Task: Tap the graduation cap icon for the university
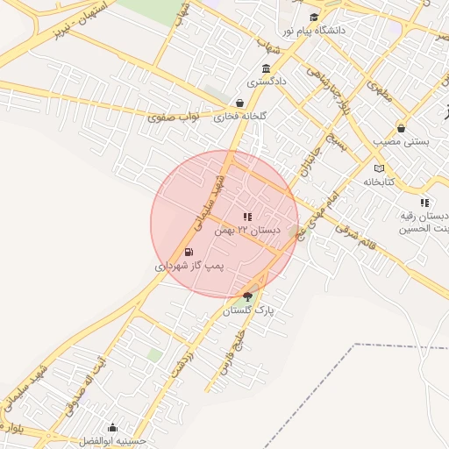pyautogui.click(x=314, y=18)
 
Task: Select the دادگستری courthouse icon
pyautogui.click(x=266, y=69)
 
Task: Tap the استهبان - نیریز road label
pyautogui.click(x=83, y=24)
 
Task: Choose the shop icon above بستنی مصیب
pyautogui.click(x=401, y=128)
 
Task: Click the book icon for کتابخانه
pyautogui.click(x=379, y=168)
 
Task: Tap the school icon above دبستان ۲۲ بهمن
pyautogui.click(x=247, y=216)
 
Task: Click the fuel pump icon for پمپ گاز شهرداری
pyautogui.click(x=189, y=253)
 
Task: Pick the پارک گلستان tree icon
pyautogui.click(x=247, y=296)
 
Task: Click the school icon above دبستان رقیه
pyautogui.click(x=424, y=203)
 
